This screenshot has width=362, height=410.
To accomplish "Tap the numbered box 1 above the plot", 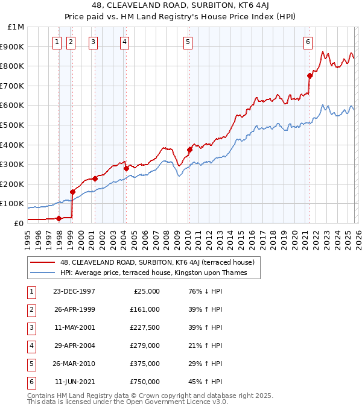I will pos(57,42).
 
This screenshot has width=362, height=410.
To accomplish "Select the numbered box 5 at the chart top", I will pos(188,42).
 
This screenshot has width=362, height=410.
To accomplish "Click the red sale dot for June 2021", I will pos(310,75).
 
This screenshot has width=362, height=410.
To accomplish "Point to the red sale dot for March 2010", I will pos(189,150).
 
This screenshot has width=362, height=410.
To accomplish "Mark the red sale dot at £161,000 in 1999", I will pos(73,192).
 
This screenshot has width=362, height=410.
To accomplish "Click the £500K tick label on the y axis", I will pos(13,125).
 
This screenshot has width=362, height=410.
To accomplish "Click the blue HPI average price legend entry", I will pos(159,273).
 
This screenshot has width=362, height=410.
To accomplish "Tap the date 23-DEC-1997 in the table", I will pos(75,291).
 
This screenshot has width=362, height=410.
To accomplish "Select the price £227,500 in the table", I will pos(145,328).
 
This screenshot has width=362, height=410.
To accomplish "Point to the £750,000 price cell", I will pos(145,382).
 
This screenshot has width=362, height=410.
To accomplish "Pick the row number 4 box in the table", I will pos(30,346).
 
